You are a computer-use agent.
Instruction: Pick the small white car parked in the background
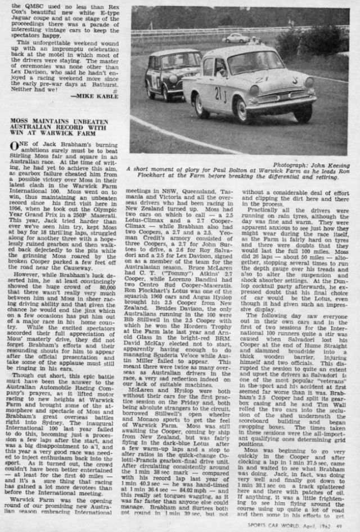(x=236, y=39)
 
